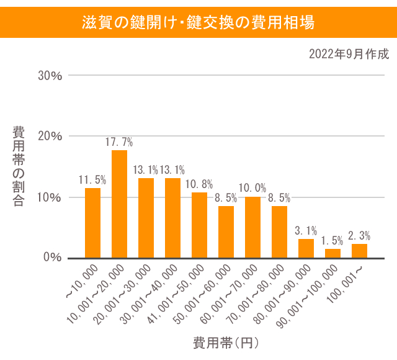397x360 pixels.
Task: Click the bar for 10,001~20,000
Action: [x=119, y=204]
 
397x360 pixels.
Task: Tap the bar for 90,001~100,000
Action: [x=332, y=253]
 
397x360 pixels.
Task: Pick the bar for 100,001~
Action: [x=359, y=251]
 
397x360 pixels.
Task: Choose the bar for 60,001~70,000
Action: [x=252, y=227]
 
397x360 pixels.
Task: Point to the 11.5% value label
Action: [x=92, y=180]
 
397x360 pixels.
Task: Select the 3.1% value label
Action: [x=306, y=231]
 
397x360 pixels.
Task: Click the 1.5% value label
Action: [x=332, y=241]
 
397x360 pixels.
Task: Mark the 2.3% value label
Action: [x=359, y=236]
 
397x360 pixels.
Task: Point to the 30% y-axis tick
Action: [x=50, y=76]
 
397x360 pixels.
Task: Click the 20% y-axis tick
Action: [x=50, y=137]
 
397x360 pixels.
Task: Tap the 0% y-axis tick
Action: [x=53, y=257]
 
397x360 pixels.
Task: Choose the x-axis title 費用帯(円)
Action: [x=225, y=342]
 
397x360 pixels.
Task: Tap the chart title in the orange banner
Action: [x=198, y=22]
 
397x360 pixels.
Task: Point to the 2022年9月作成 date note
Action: [x=349, y=54]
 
